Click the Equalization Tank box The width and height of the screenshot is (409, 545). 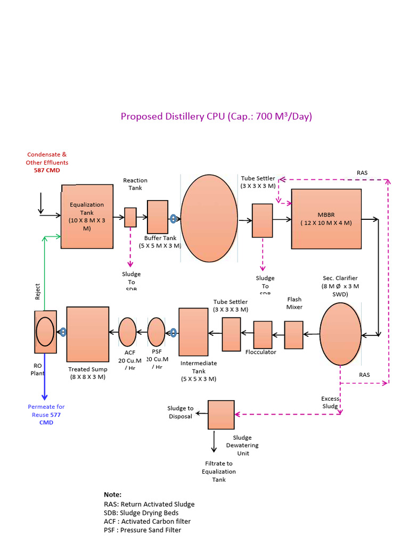tap(87, 217)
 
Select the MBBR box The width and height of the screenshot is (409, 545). tap(326, 219)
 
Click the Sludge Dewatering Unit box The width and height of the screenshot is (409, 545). tap(221, 415)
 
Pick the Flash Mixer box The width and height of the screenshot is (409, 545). tap(293, 335)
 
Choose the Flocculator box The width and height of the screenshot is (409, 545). tap(263, 335)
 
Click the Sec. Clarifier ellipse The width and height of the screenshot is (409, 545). tap(340, 334)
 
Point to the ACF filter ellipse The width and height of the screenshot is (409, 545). tap(127, 332)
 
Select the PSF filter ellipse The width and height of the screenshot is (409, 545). tap(157, 332)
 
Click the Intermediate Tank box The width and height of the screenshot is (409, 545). tap(193, 332)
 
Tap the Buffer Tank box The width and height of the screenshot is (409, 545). tap(158, 217)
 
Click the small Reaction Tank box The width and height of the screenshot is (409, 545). tap(130, 217)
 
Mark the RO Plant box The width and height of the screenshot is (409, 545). tap(45, 332)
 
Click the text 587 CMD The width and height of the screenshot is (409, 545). tap(47, 170)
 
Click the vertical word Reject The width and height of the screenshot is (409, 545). tap(38, 291)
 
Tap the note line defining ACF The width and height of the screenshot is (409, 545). tap(147, 522)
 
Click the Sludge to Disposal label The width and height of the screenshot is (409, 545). tap(181, 412)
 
